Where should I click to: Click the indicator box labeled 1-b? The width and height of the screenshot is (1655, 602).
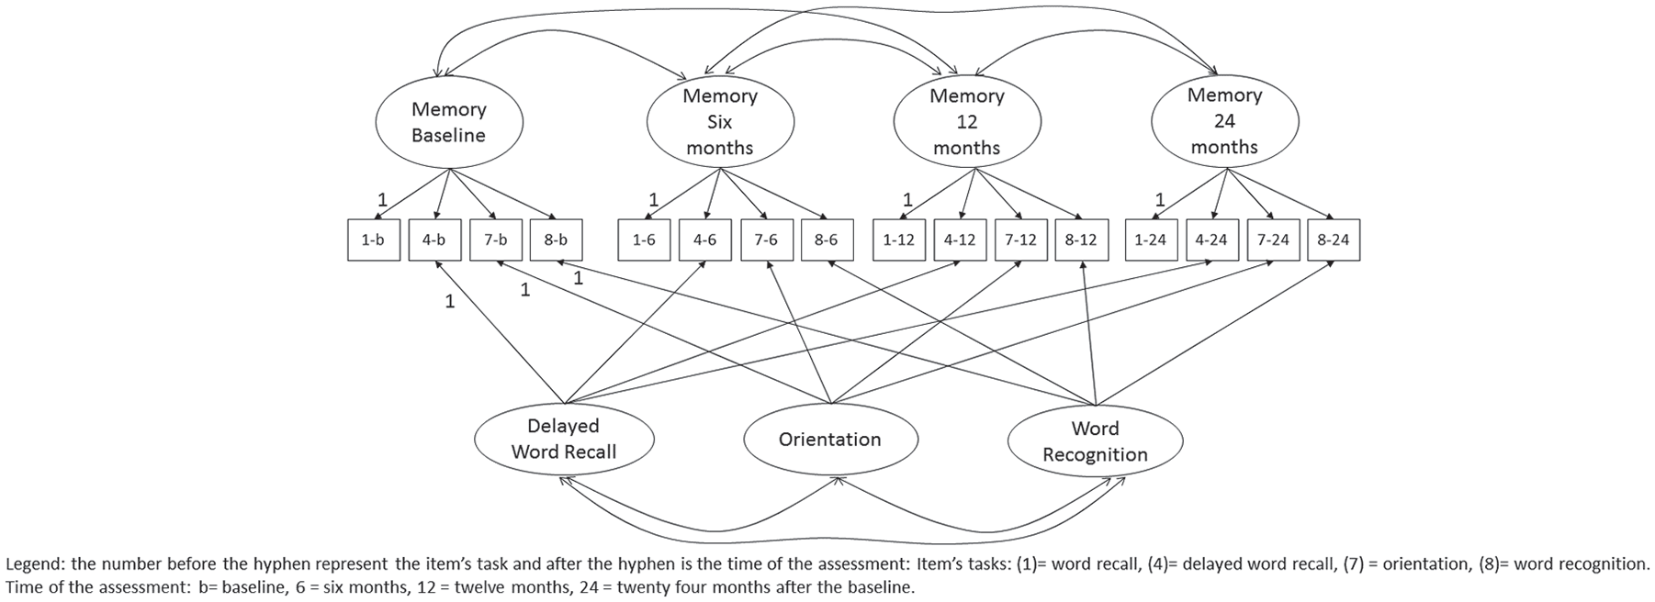pos(374,240)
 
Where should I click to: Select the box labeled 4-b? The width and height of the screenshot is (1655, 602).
pos(434,240)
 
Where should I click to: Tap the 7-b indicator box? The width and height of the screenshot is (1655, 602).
pos(496,240)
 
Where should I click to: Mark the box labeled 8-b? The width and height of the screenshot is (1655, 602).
pos(557,240)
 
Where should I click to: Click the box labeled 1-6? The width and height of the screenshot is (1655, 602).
pos(645,240)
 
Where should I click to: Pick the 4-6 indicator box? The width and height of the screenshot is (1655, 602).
pos(705,240)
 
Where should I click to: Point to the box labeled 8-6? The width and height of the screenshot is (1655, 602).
pos(827,240)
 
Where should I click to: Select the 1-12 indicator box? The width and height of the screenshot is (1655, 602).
pos(899,240)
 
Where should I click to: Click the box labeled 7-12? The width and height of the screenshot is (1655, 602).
pos(1021,240)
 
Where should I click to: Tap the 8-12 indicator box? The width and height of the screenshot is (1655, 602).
pos(1082,240)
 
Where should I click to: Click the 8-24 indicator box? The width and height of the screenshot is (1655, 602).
pos(1334,240)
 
